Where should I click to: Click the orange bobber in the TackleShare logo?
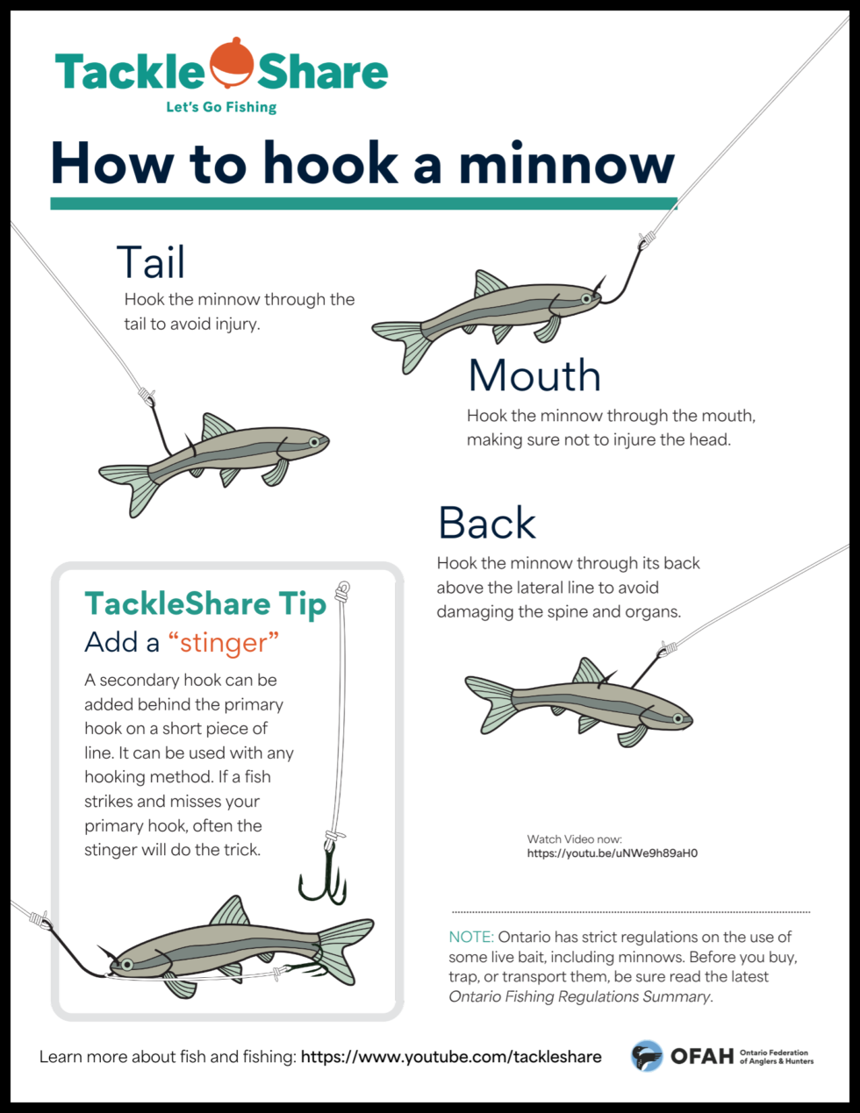pyautogui.click(x=232, y=63)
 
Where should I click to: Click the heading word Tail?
pyautogui.click(x=151, y=262)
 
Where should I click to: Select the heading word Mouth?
pyautogui.click(x=534, y=375)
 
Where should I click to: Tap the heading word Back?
pyautogui.click(x=487, y=524)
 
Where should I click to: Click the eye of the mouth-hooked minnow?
pyautogui.click(x=585, y=299)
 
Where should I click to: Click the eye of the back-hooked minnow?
pyautogui.click(x=677, y=718)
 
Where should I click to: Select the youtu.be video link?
pyautogui.click(x=612, y=853)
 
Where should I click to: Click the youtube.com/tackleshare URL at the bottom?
pyautogui.click(x=451, y=1057)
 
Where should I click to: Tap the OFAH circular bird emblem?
pyautogui.click(x=647, y=1056)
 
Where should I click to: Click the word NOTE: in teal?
pyautogui.click(x=470, y=937)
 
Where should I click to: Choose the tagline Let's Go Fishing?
pyautogui.click(x=221, y=107)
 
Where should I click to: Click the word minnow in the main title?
pyautogui.click(x=566, y=163)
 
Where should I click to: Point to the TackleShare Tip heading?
pyautogui.click(x=204, y=603)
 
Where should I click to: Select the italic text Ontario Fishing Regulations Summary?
pyautogui.click(x=579, y=996)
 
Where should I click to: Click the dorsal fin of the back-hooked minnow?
pyautogui.click(x=589, y=672)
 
